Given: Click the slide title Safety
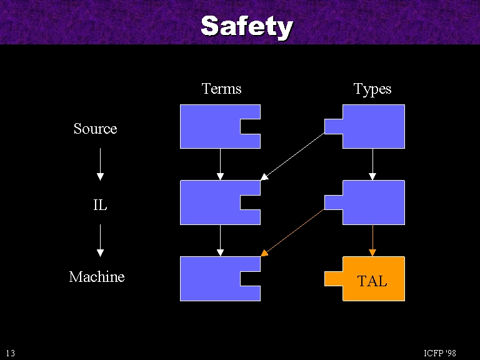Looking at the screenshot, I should point(246,26).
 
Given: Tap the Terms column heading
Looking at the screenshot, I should point(221,89).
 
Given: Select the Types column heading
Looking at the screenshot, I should point(372,89).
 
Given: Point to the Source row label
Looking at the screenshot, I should point(95,129).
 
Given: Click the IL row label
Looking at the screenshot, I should point(100,204).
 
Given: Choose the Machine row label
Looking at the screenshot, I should point(97,277).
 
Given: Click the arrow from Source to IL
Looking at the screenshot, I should point(100,164).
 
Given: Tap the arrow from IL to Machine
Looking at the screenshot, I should point(100,240).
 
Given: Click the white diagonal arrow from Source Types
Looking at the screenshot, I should point(292,156).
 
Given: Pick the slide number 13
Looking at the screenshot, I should point(11,353).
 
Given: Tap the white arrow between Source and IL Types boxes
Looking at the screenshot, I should point(372,164).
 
